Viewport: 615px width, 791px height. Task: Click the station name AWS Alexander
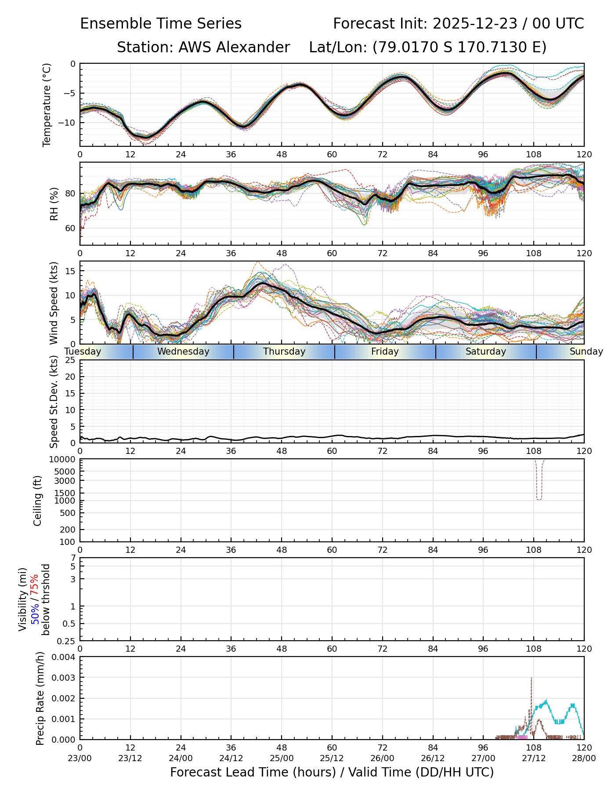[x=234, y=47]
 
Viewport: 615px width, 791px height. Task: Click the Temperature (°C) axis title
[x=47, y=105]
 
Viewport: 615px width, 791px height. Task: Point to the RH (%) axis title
[x=54, y=203]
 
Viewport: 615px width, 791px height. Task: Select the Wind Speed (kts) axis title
[x=54, y=303]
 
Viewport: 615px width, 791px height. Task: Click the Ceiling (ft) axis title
[x=38, y=501]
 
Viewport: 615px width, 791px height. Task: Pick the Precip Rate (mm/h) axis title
[x=40, y=698]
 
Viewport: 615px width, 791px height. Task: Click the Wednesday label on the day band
[x=183, y=352]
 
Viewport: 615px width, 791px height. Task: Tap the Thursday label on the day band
[x=284, y=352]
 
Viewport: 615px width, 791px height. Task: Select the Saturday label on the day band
[x=486, y=352]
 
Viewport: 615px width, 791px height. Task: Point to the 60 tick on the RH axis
[x=70, y=228]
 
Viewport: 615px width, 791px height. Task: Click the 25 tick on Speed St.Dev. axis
[x=70, y=360]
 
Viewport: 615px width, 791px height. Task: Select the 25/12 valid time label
[x=332, y=758]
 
